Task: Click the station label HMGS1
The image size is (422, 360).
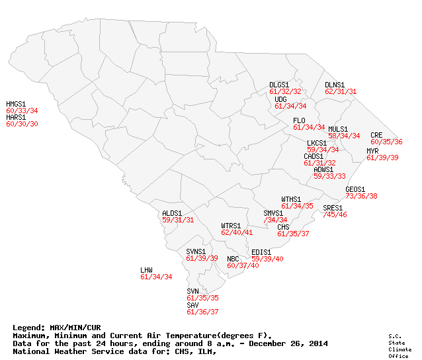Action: pos(16,104)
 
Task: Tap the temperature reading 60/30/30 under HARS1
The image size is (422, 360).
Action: pos(22,124)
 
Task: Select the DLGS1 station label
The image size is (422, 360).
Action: pos(279,85)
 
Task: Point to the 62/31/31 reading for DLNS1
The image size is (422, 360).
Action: pos(341,91)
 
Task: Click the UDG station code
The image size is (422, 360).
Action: pos(280,99)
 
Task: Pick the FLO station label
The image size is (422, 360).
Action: pos(299,120)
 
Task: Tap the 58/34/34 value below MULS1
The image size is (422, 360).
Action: pos(344,136)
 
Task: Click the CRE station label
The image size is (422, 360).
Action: pos(376,135)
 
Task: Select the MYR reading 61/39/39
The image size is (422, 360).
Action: pos(382,157)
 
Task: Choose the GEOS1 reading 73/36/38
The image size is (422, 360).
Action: pos(361,196)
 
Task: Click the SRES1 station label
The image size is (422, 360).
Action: pos(333,208)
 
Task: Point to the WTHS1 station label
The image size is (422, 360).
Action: pos(291,199)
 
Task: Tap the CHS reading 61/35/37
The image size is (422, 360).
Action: pos(293,234)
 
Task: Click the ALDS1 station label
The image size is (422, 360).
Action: pos(172,213)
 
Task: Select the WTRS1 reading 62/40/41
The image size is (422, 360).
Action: pos(237,232)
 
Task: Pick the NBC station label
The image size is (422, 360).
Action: pos(233,259)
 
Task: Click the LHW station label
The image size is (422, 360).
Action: pos(146,270)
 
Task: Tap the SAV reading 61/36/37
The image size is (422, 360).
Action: pos(202,312)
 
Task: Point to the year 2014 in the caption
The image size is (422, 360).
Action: pos(317,343)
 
